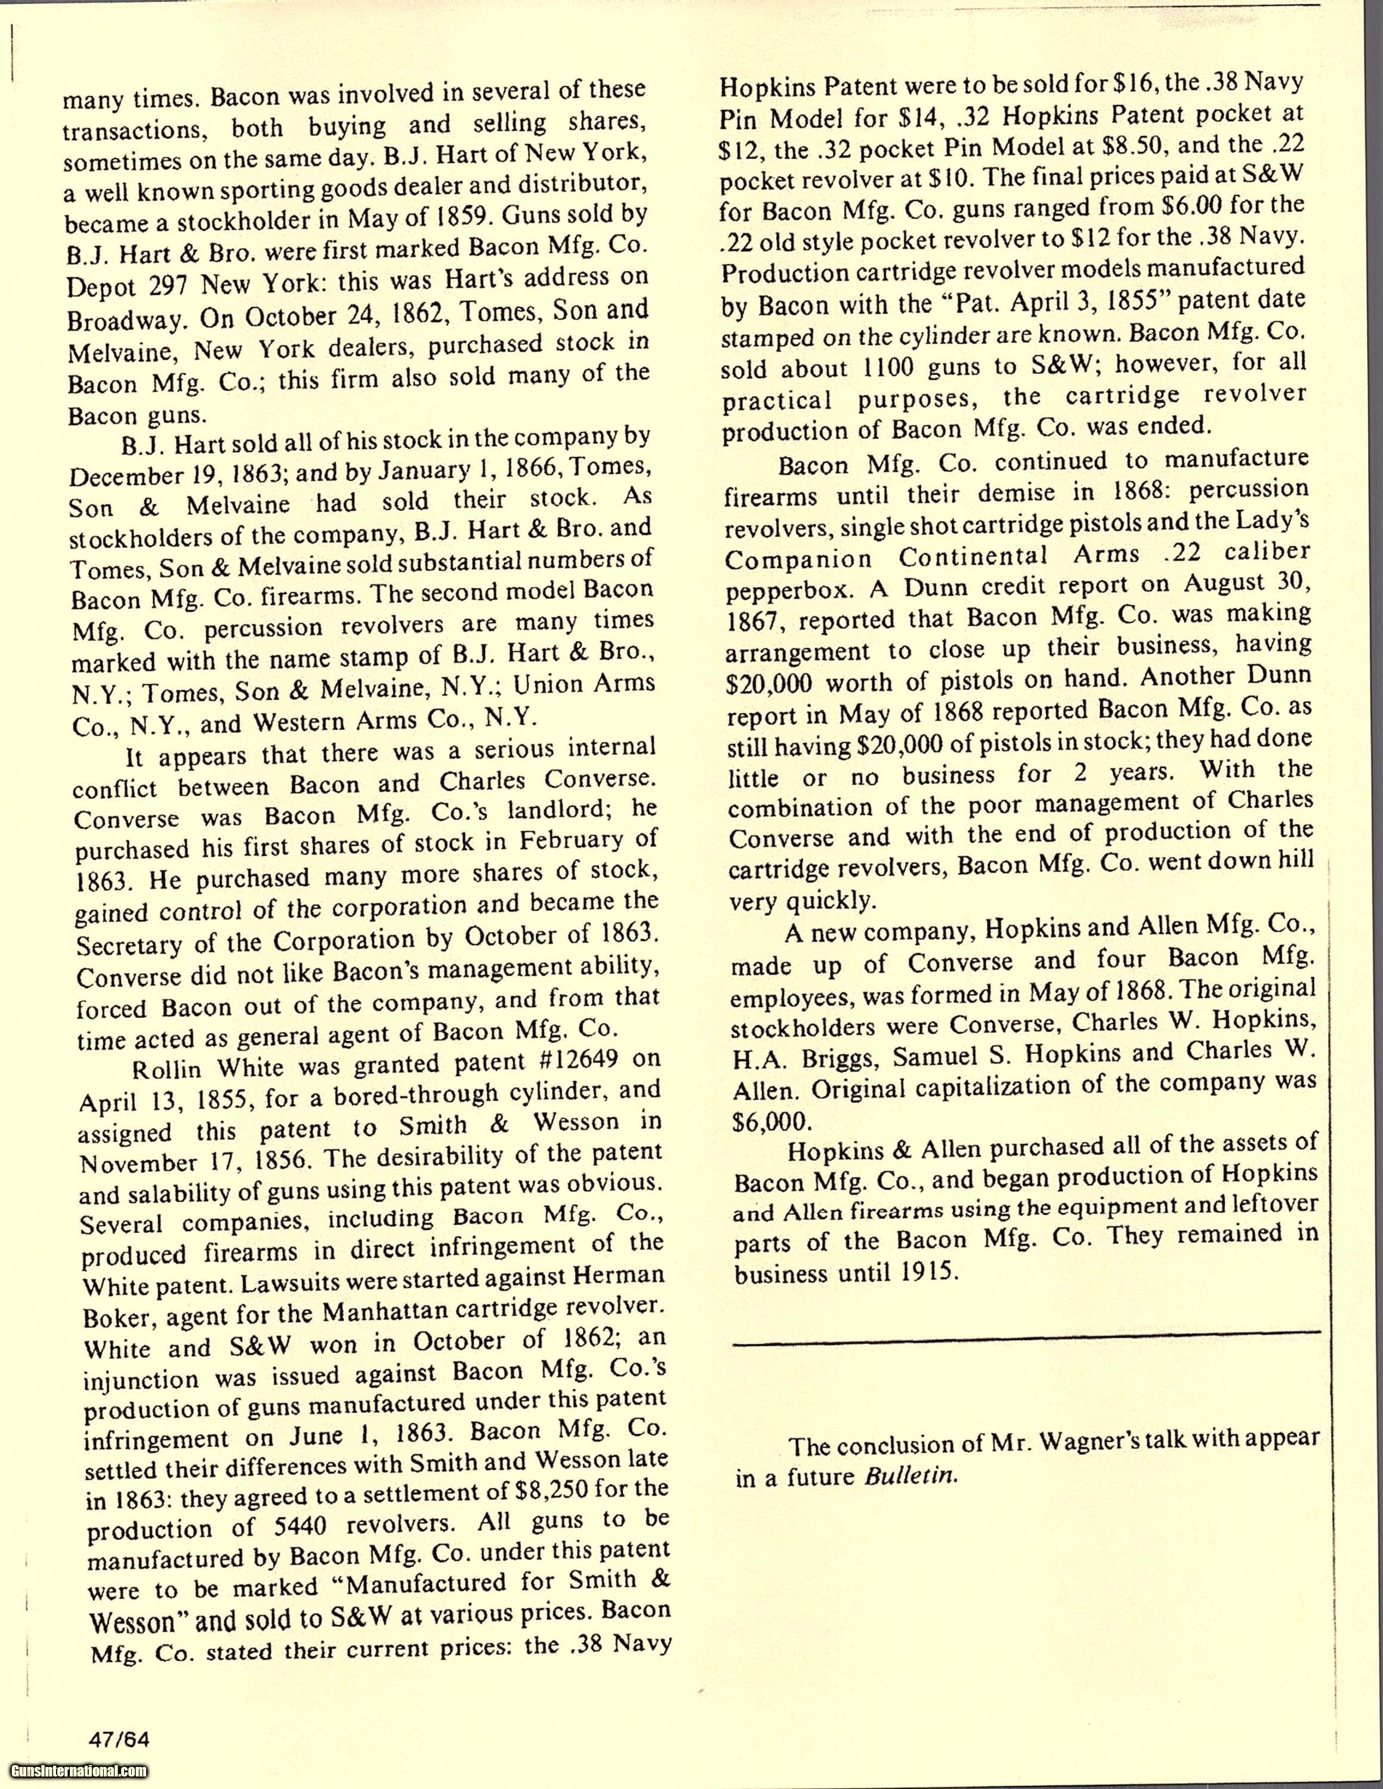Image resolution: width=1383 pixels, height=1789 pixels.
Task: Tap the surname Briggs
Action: pyautogui.click(x=840, y=1059)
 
